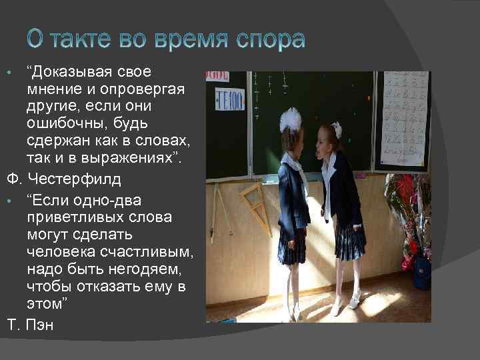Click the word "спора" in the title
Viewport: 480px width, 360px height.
tap(271, 41)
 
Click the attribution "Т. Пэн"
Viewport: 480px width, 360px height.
tap(29, 325)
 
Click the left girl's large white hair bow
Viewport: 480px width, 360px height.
tap(290, 119)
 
